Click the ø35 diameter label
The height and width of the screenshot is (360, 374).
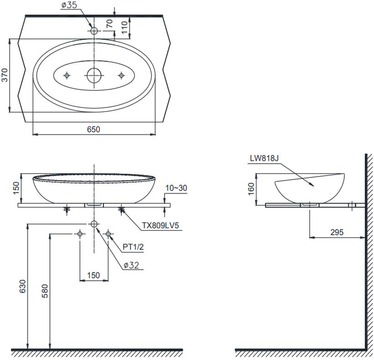tap(69, 5)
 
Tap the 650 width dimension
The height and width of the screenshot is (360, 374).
tap(93, 129)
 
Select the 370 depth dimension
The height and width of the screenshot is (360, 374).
tap(5, 75)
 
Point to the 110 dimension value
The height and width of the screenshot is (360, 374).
tap(124, 27)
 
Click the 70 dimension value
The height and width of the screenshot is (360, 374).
tap(109, 23)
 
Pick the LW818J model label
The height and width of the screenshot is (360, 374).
tap(264, 158)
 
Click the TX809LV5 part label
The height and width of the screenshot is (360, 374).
tap(160, 226)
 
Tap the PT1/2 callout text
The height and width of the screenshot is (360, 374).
tap(133, 247)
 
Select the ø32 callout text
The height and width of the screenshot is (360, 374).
tap(131, 265)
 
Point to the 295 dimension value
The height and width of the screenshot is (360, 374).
tap(337, 232)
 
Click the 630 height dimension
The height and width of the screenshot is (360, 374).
tap(22, 286)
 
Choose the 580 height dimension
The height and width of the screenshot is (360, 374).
tap(45, 291)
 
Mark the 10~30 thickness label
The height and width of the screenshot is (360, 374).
tap(176, 188)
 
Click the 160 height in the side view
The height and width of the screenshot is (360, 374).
tap(251, 189)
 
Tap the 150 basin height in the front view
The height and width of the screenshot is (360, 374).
tap(16, 188)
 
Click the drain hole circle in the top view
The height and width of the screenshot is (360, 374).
tap(94, 75)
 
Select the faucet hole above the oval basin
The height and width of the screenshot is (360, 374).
tap(94, 31)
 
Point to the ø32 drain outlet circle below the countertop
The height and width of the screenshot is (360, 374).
tap(94, 224)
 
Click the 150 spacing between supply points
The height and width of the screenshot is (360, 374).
tap(93, 275)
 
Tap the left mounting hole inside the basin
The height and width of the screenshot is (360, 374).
tap(67, 76)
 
